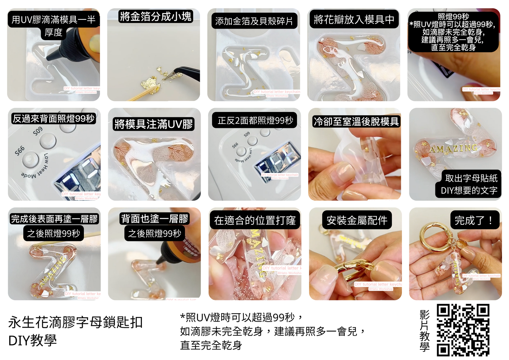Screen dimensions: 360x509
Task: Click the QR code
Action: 463,330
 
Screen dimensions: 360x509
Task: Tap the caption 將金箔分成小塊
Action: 156,17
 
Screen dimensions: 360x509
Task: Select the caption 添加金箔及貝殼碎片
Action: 254,21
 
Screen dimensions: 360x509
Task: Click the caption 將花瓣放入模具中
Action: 354,19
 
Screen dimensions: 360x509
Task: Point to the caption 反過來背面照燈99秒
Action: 54,119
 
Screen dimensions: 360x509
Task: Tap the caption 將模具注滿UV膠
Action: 154,124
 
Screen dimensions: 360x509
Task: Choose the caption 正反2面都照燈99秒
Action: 255,120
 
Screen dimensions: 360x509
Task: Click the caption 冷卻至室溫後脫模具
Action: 356,122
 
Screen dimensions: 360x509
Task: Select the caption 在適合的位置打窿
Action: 255,221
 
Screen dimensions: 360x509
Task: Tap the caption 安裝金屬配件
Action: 357,221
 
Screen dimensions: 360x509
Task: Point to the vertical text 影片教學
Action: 424,330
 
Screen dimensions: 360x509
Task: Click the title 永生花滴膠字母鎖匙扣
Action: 75,322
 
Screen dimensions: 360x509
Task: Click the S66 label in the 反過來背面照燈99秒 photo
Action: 20,151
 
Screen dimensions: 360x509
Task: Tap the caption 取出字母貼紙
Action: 471,178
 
